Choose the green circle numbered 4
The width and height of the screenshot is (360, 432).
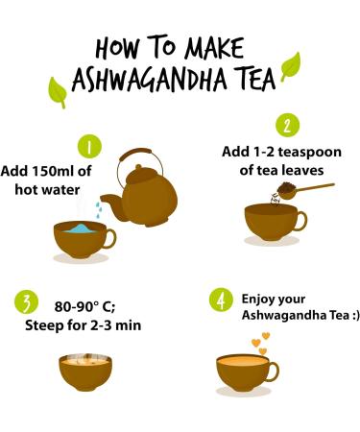tap(222, 300)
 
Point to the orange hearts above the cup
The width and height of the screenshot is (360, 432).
tap(260, 342)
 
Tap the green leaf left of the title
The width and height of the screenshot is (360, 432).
tap(57, 91)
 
